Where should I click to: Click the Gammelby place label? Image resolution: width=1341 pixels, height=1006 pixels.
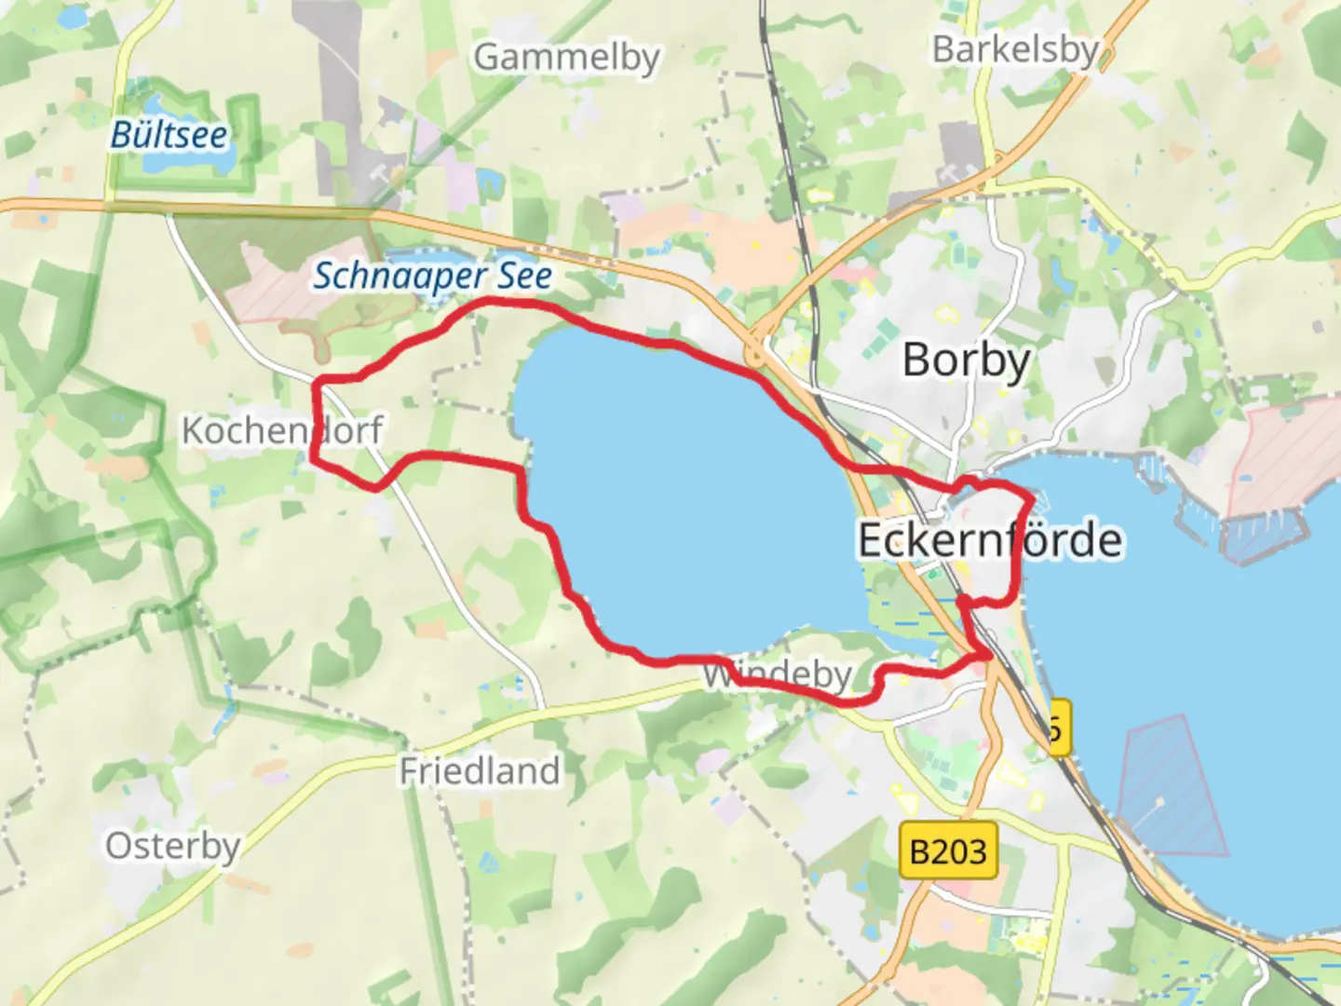[x=566, y=58]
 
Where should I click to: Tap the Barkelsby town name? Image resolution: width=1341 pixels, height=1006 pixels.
[x=1015, y=49]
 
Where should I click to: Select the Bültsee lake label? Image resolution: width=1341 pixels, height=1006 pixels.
[x=169, y=135]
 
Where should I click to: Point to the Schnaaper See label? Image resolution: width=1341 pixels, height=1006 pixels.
[x=432, y=276]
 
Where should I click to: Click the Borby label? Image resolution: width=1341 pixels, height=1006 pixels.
[x=967, y=360]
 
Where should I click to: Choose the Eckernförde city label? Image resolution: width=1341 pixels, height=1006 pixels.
[x=989, y=540]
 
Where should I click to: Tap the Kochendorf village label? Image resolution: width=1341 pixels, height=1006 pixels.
[x=281, y=430]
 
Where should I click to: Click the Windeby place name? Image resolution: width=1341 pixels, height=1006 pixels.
[x=778, y=673]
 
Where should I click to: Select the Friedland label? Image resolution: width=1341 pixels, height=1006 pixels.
[x=480, y=771]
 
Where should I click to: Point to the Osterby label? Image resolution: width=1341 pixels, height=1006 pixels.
[x=172, y=846]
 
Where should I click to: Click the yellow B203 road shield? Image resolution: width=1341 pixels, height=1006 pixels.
[x=948, y=850]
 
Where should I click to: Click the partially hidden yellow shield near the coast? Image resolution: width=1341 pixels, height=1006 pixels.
[x=1059, y=727]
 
